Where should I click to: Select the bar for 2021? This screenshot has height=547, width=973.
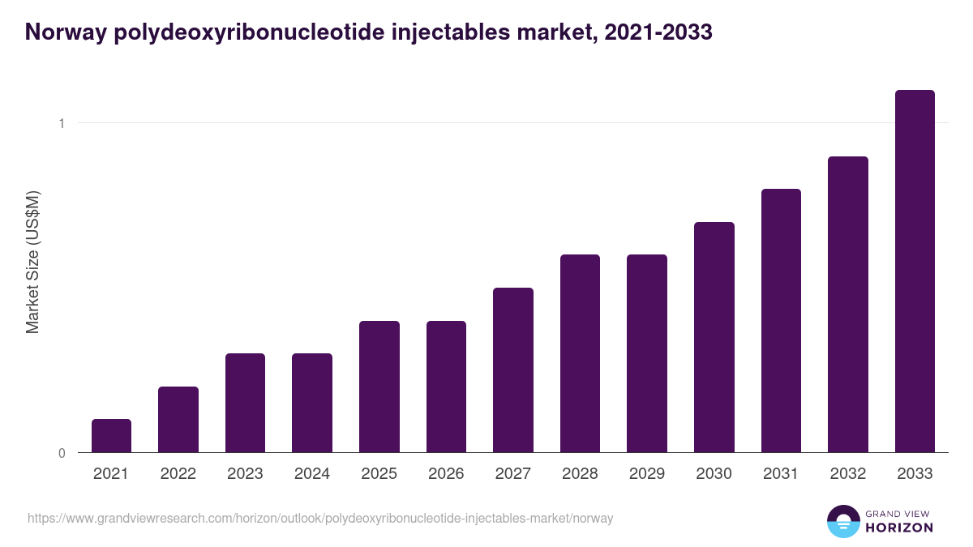tap(111, 436)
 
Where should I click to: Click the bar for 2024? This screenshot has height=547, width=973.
tap(312, 403)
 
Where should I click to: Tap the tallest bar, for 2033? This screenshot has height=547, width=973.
tap(915, 271)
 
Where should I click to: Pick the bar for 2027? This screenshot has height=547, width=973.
tap(513, 370)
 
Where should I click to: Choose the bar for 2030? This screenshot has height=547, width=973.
tap(714, 337)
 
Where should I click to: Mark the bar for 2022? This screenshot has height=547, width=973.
tap(178, 420)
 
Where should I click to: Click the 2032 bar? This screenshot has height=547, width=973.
tap(848, 305)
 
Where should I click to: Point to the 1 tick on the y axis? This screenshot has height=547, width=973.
tap(61, 123)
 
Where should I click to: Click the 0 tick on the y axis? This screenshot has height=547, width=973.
tap(61, 453)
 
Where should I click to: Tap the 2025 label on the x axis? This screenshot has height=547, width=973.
tap(379, 474)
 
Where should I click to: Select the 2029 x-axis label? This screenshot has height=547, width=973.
tap(647, 474)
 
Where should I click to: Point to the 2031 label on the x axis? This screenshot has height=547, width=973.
tap(781, 474)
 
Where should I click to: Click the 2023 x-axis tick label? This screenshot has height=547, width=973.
tap(245, 474)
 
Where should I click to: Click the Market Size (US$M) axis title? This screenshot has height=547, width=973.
tap(32, 262)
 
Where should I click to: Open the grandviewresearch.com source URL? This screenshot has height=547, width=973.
tap(320, 518)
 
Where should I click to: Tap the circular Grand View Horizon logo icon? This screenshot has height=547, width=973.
tap(842, 521)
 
